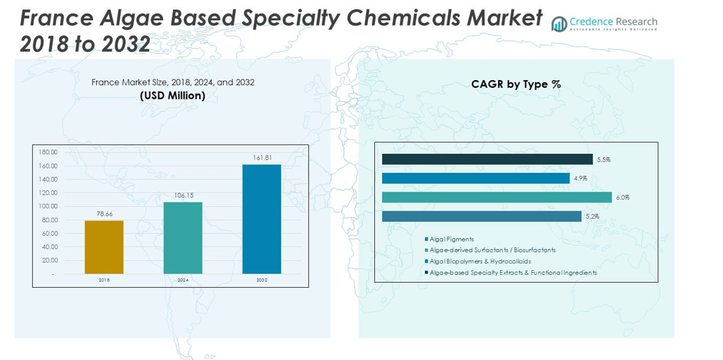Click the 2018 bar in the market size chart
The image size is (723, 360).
tap(104, 247)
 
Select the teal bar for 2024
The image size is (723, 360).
tap(183, 238)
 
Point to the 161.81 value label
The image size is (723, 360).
tap(262, 158)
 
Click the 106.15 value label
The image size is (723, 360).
tap(183, 195)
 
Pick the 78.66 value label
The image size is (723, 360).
tap(104, 214)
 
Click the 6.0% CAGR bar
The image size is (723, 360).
tap(497, 197)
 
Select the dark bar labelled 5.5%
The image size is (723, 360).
tap(487, 160)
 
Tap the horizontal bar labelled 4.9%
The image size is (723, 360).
tap(476, 178)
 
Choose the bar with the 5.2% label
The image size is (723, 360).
tap(481, 217)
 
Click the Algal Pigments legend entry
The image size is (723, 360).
tap(451, 240)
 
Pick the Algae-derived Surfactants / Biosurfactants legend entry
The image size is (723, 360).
tap(492, 250)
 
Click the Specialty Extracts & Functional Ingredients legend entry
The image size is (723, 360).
tap(513, 273)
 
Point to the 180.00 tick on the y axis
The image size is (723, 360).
tap(49, 152)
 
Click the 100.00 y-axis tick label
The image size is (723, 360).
tap(49, 206)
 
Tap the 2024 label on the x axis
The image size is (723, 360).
tap(183, 281)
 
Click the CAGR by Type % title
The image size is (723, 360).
tap(516, 85)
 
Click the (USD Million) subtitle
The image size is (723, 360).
tap(172, 96)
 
